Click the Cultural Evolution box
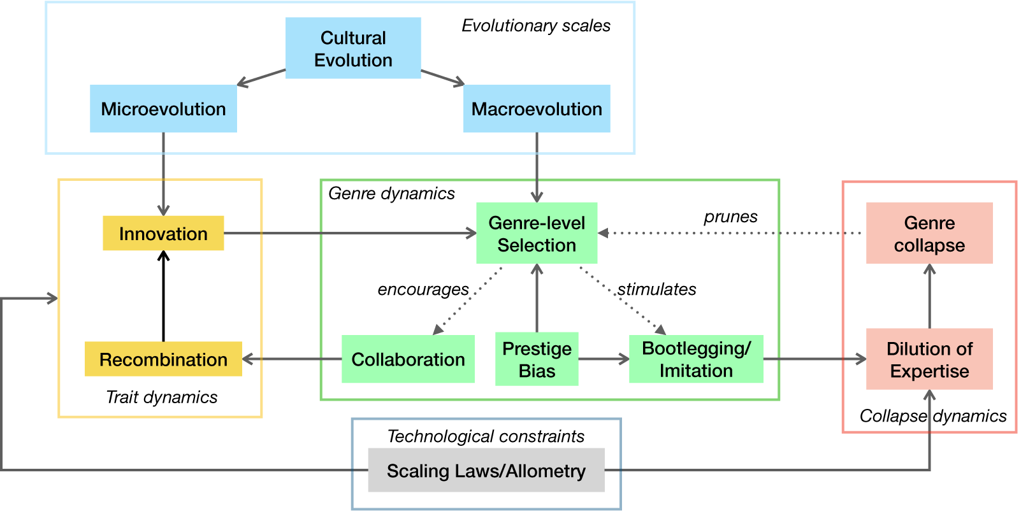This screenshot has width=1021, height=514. pos(353,48)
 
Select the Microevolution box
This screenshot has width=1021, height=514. pos(163,109)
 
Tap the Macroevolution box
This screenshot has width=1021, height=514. pos(537,109)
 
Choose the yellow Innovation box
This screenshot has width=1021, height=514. pos(163,233)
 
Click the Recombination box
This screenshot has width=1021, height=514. pos(163,359)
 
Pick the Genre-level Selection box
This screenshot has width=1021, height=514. pos(537,233)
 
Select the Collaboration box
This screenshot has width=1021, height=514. pos(408,359)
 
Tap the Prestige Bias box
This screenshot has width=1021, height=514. pos(537,359)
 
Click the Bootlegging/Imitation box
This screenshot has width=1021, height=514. pos(696,359)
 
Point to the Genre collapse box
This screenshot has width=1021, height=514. pos(929,233)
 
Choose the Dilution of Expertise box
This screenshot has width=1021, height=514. pos(929,359)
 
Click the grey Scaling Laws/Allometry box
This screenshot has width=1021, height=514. pos(486,471)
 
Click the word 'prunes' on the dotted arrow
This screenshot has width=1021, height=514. pos(730,217)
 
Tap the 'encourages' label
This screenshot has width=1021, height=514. pos(423,290)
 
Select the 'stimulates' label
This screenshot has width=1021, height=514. pos(656,290)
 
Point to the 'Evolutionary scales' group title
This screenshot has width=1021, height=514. pos(536,26)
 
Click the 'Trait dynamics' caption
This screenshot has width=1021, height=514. pos(162,397)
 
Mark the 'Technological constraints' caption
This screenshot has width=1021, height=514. pos(486,436)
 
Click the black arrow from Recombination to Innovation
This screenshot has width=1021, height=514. pos(164,296)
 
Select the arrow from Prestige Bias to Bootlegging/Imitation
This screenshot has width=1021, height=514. pos(604,359)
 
